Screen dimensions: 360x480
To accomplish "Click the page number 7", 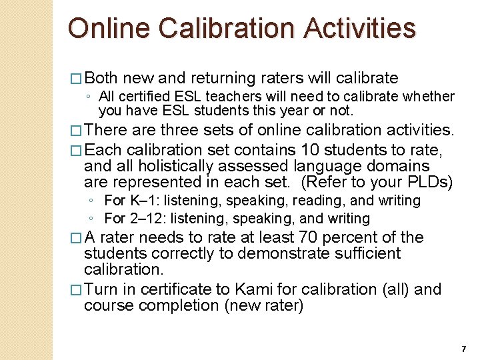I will coord(463,349).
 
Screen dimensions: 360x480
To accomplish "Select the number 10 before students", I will coord(311,149).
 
